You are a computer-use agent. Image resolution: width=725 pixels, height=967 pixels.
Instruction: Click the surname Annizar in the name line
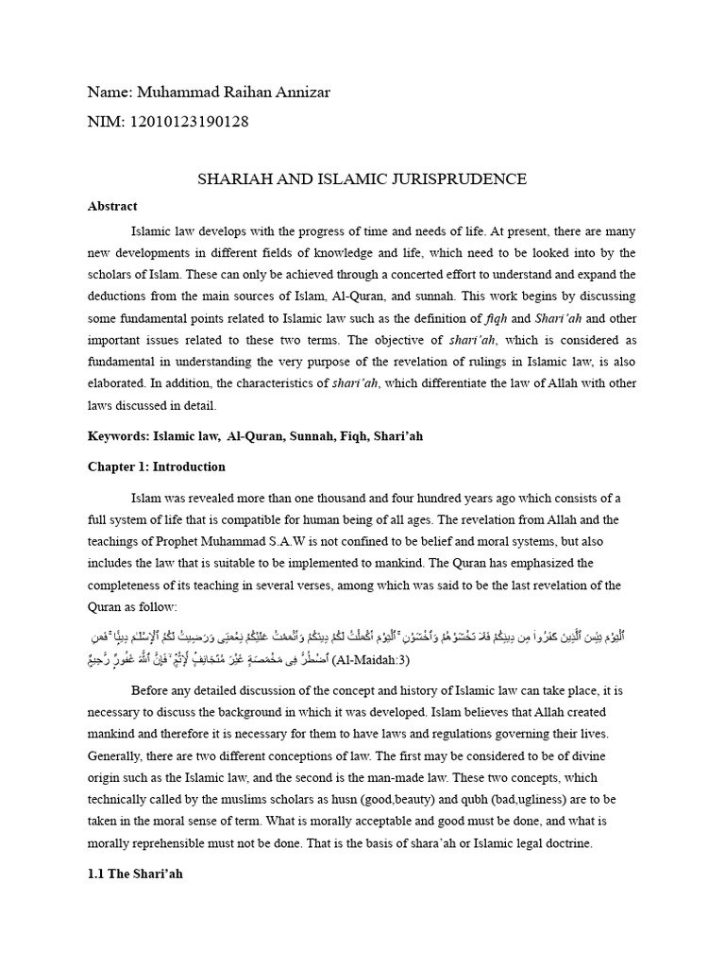click(x=298, y=92)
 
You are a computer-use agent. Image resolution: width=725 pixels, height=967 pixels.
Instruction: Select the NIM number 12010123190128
click(x=187, y=122)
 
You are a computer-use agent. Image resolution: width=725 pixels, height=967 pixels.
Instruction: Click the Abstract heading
click(x=112, y=206)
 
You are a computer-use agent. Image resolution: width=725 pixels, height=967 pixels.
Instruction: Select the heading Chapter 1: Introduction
click(x=157, y=467)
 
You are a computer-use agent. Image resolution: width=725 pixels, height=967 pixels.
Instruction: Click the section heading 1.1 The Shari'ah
click(x=136, y=874)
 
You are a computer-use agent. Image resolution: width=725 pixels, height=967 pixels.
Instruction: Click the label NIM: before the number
click(x=105, y=122)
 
